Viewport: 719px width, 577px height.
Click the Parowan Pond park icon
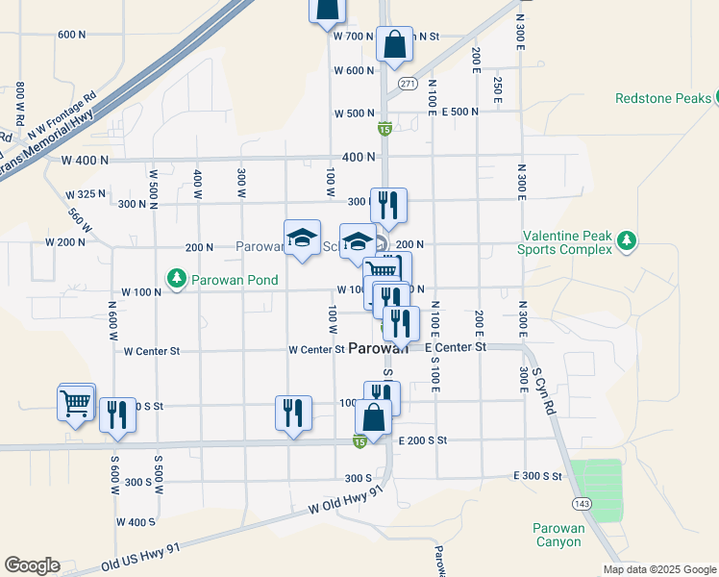tap(176, 279)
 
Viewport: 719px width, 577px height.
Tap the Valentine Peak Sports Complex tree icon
tap(627, 239)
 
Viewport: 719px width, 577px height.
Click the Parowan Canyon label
tap(558, 535)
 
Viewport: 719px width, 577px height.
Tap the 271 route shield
tap(408, 83)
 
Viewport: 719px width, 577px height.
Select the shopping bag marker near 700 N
tap(394, 44)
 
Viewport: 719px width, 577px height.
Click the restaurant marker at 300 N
tap(388, 205)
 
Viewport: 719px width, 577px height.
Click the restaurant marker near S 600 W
tap(117, 414)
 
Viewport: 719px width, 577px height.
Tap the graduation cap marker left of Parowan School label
tap(302, 238)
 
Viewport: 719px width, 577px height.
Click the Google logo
tap(32, 565)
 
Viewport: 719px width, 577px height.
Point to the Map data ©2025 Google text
tap(658, 569)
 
